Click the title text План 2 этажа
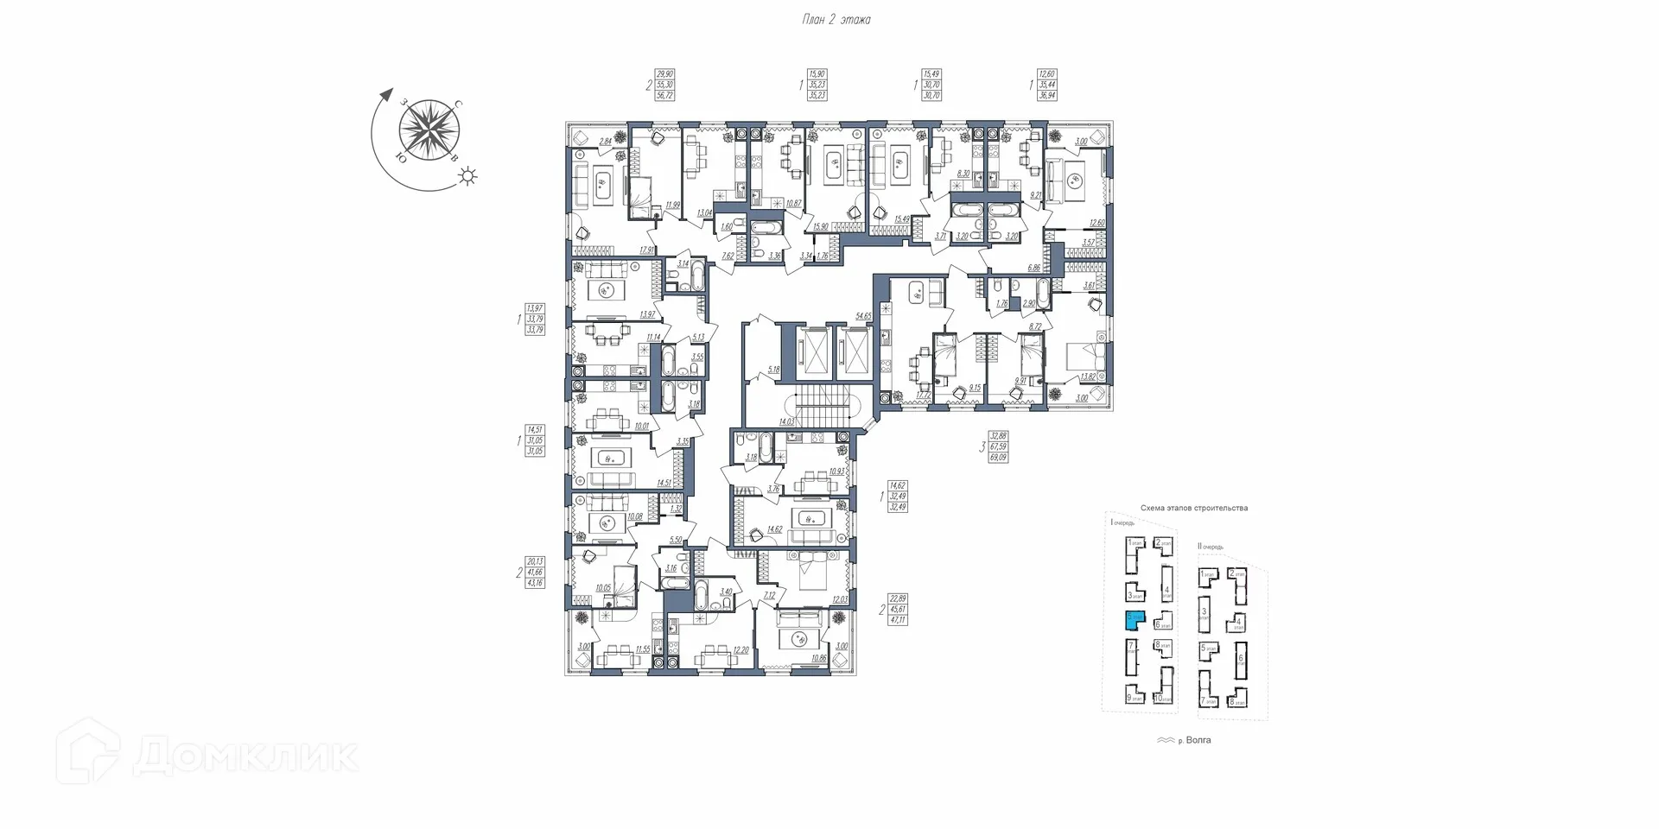(x=836, y=20)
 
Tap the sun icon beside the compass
(x=467, y=177)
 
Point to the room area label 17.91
(x=645, y=250)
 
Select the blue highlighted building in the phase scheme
(x=1135, y=620)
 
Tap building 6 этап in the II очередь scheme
(x=1242, y=661)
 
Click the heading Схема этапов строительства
(x=1193, y=508)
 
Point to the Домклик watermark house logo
(x=88, y=752)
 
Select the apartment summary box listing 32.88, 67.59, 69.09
(x=998, y=446)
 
